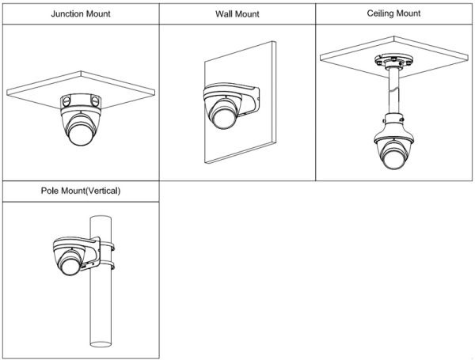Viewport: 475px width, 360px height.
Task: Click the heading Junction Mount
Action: pyautogui.click(x=79, y=13)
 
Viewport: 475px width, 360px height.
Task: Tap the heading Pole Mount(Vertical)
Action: pyautogui.click(x=80, y=191)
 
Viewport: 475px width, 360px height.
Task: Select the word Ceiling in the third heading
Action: pyautogui.click(x=381, y=13)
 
